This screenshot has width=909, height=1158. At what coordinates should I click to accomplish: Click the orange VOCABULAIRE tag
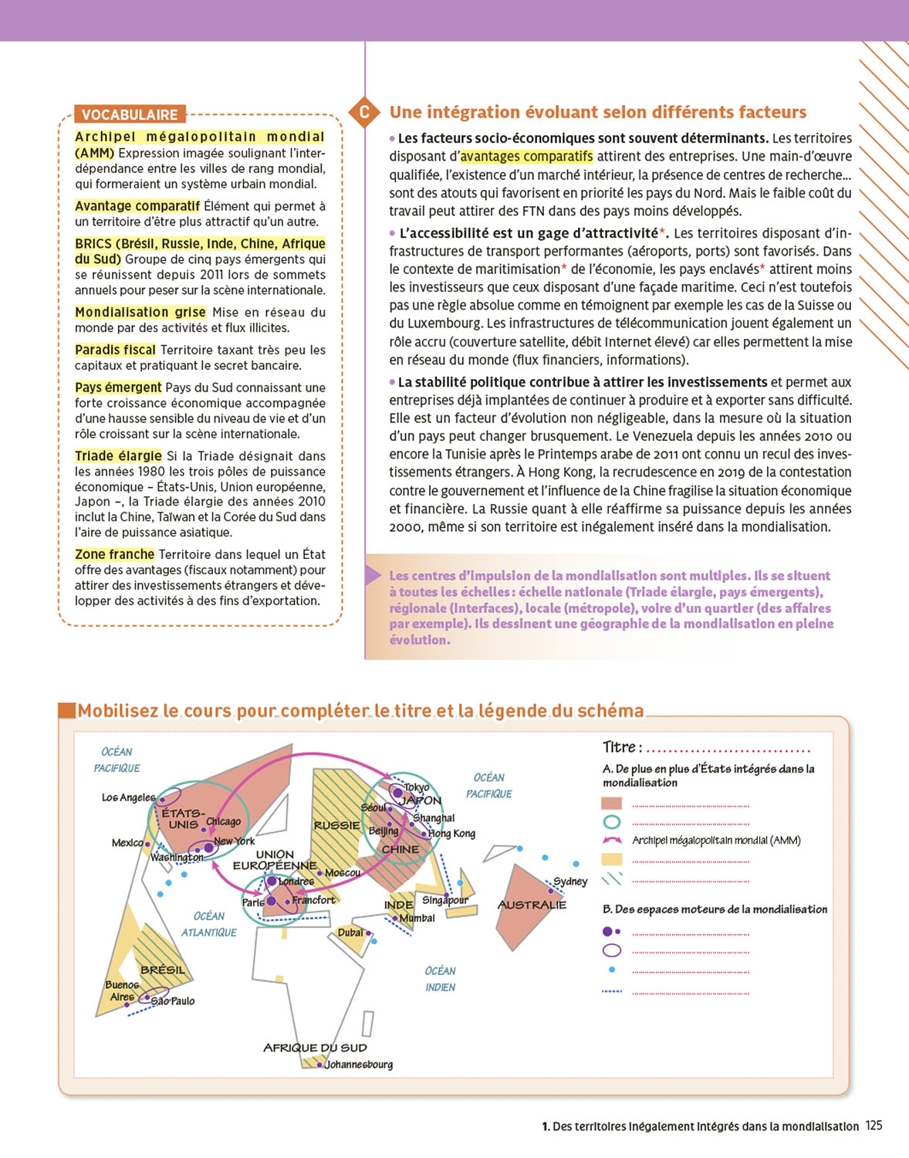click(x=130, y=114)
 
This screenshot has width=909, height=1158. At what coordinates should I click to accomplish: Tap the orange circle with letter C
click(x=364, y=112)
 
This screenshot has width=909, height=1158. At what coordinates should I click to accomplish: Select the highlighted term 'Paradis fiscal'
click(x=115, y=350)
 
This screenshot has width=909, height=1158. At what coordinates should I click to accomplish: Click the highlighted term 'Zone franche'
click(x=114, y=554)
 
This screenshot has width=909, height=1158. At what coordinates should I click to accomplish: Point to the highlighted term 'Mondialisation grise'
click(x=140, y=312)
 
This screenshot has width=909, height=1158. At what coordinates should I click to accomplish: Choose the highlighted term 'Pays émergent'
click(x=118, y=388)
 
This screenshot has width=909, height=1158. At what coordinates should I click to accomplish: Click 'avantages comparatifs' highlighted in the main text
click(x=526, y=156)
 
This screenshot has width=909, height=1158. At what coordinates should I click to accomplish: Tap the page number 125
click(x=874, y=1126)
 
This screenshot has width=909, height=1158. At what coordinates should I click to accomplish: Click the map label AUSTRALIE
click(x=532, y=905)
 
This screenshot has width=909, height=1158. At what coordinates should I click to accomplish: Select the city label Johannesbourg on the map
click(x=359, y=1065)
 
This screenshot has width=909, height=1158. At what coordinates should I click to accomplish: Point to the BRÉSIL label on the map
click(x=163, y=970)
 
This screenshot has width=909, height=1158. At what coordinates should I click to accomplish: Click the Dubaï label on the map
click(x=350, y=933)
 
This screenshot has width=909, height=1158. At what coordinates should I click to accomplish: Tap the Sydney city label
click(x=570, y=882)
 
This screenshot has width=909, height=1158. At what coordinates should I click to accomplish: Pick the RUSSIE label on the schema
click(x=336, y=825)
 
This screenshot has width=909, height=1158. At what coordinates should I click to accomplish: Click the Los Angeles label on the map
click(x=128, y=797)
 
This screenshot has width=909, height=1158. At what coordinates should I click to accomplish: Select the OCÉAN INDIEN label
click(x=440, y=979)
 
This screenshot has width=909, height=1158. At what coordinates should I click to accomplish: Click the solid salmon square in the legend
click(x=611, y=803)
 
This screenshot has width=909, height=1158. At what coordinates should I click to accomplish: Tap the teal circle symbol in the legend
click(x=611, y=822)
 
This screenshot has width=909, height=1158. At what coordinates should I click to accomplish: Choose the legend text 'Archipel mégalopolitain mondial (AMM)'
click(x=716, y=840)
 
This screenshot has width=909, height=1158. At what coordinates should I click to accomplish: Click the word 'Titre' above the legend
click(x=619, y=747)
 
